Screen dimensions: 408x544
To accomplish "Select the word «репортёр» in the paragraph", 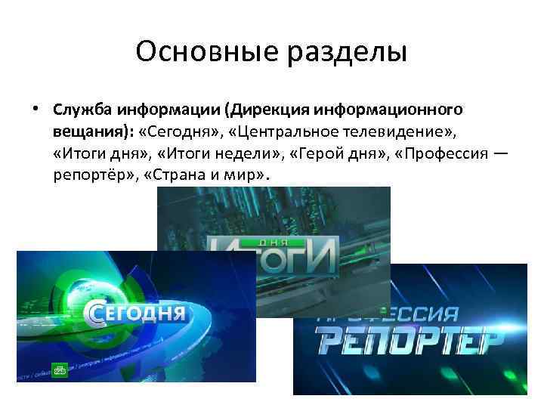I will pyautogui.click(x=93, y=175).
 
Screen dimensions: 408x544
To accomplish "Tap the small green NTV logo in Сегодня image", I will pyautogui.click(x=60, y=369).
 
